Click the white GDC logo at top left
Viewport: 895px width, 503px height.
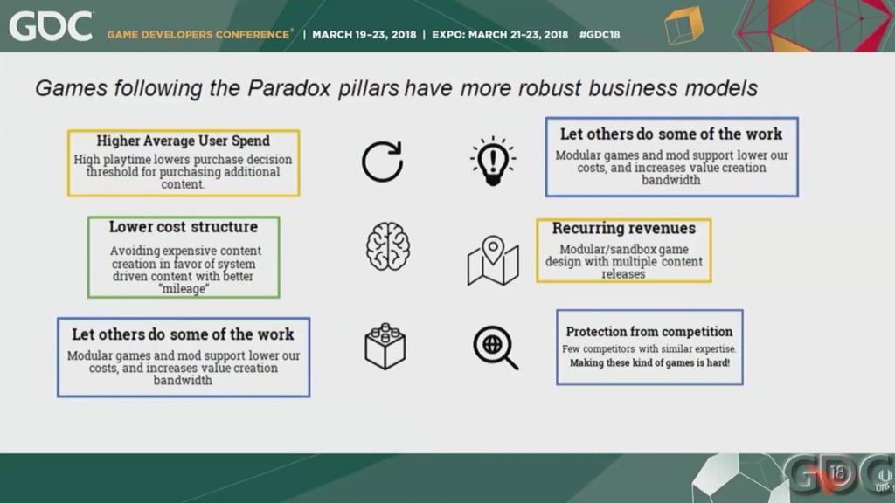(51, 27)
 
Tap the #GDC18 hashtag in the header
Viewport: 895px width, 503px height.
(600, 35)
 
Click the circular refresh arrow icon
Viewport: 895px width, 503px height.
(383, 162)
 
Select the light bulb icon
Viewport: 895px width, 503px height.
(493, 162)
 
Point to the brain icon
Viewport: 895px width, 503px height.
(387, 246)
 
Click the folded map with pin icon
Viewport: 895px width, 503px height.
(493, 260)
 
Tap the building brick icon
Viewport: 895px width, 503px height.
(385, 346)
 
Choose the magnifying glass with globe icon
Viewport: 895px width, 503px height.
(496, 348)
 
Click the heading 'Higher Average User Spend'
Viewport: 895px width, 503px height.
(184, 141)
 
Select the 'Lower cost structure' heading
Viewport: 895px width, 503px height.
(184, 227)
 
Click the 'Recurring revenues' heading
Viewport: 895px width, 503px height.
(624, 228)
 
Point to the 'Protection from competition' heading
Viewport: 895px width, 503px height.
(649, 331)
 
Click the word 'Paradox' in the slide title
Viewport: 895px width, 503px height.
(288, 88)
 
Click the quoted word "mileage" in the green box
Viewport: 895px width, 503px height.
(184, 288)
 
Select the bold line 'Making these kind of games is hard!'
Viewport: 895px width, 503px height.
(649, 362)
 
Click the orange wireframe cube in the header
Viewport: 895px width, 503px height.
(683, 25)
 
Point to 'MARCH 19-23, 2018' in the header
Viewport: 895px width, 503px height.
(364, 35)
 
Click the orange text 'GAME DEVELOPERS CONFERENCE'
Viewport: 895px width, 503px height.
(198, 35)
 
